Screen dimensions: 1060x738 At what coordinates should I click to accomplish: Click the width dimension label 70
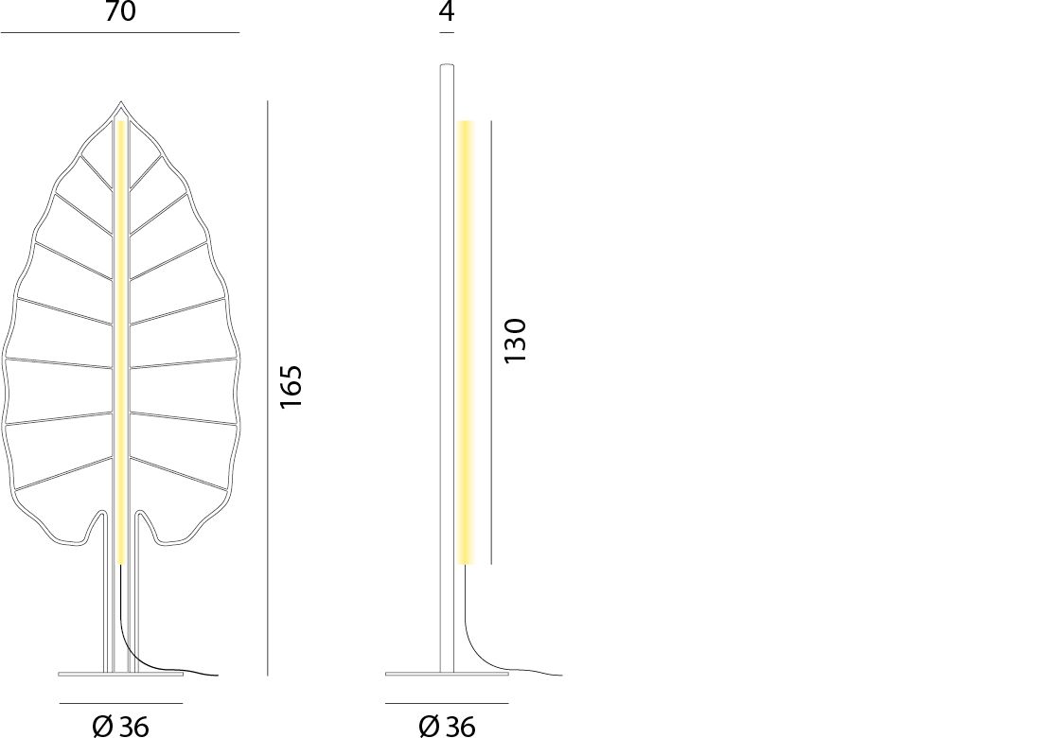[120, 10]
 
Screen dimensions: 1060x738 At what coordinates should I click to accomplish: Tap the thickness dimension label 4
[447, 10]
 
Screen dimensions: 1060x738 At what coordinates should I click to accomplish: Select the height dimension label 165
[291, 387]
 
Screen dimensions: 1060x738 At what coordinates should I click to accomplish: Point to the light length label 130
[515, 340]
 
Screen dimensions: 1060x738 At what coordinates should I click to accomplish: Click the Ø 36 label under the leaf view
[120, 727]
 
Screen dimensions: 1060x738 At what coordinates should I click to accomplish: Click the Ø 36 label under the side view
[447, 727]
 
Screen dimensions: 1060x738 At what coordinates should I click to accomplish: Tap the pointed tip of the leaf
[121, 102]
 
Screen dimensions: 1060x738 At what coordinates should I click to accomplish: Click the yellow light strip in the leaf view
[122, 342]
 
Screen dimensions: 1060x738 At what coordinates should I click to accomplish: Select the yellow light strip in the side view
[465, 342]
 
